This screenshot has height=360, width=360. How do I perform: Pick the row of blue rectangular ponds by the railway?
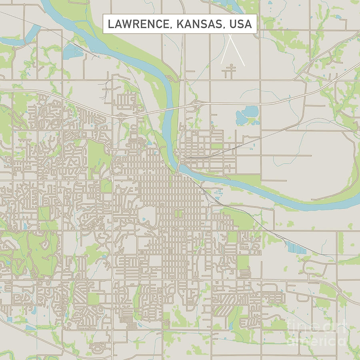tap(296, 248)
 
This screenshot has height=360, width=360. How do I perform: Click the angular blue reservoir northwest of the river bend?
tap(72, 50)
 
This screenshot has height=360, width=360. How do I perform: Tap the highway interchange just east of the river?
tap(196, 105)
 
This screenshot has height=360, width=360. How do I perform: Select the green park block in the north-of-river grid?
tap(216, 146)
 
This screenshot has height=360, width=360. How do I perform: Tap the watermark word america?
tap(316, 340)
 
